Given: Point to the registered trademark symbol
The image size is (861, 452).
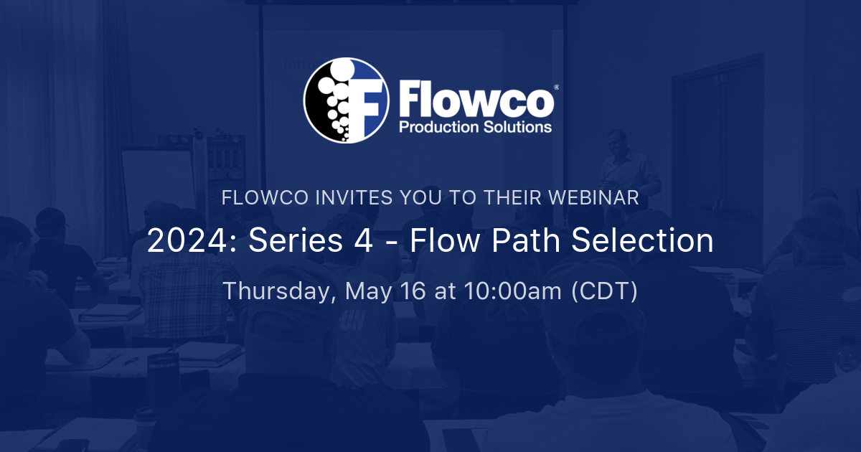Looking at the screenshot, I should (x=557, y=86).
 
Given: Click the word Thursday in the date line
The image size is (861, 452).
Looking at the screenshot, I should (x=278, y=291).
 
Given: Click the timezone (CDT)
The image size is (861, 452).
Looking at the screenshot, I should (x=604, y=291).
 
